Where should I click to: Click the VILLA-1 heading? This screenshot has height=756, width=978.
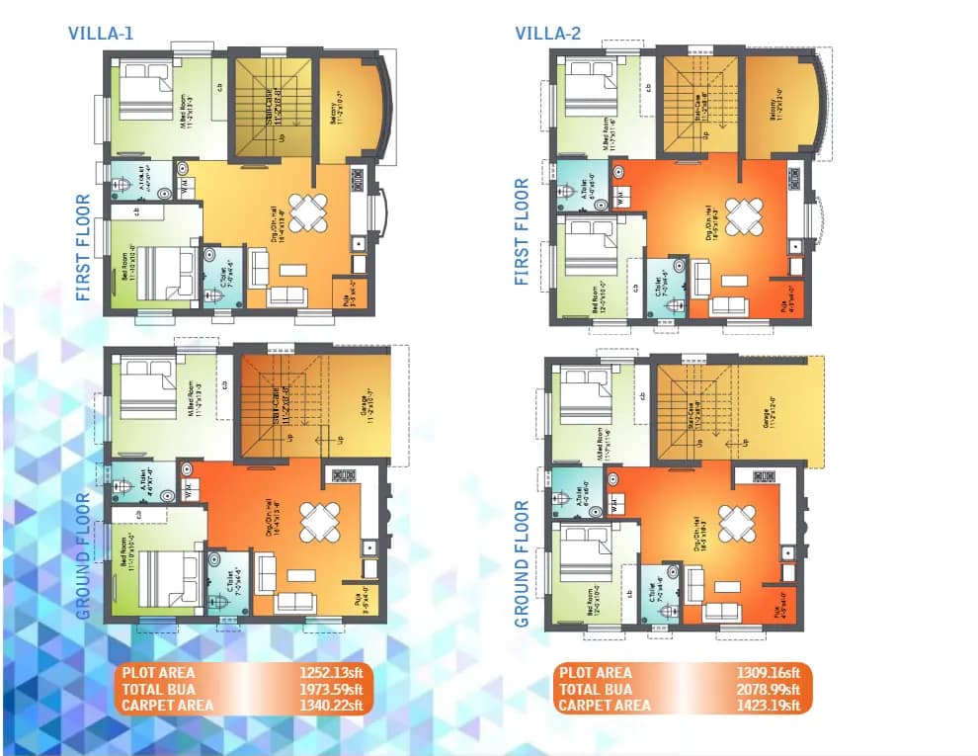(101, 33)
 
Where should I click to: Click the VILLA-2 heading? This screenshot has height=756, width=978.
(547, 33)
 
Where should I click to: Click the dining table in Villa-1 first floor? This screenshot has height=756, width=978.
(309, 210)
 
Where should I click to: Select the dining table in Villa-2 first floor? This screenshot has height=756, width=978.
(743, 214)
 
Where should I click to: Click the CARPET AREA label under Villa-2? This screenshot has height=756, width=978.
(605, 705)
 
